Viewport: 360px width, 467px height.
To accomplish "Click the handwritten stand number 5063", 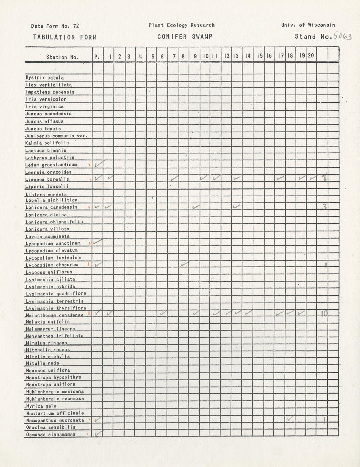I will coord(342,36).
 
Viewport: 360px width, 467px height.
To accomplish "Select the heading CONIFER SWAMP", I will coord(185,37).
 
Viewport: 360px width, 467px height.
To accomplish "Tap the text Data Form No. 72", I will coord(55,26).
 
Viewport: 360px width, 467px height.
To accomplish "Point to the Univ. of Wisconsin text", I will coord(308,25).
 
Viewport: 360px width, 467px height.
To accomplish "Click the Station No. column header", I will coord(62,57).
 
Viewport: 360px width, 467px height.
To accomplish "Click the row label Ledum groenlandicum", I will coord(51,165).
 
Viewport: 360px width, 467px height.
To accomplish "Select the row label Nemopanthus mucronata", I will coord(55,420).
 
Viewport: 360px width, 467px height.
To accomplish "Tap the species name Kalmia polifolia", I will coord(47,143).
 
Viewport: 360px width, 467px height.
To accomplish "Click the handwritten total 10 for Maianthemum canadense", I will coord(324,314).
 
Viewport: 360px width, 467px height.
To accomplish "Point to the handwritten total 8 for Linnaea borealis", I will coord(324,178).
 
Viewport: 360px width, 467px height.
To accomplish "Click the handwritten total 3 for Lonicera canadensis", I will coord(324,206).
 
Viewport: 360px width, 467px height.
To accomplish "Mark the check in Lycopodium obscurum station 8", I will coord(184,264).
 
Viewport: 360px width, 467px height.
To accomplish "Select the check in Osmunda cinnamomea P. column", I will coord(98,433).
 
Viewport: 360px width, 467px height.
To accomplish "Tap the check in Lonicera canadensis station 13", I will coord(237,206).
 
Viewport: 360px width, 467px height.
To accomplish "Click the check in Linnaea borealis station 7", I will coord(175,178).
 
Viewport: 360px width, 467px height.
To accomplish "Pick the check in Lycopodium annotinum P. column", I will coord(97,242).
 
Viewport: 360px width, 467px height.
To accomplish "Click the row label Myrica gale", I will coord(41,406).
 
